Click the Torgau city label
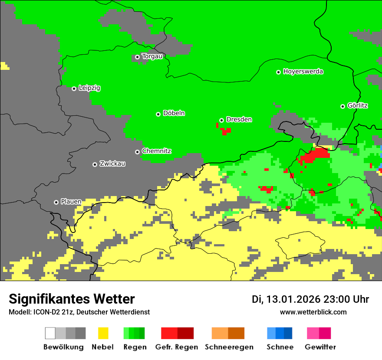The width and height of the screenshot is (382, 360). click(x=152, y=56)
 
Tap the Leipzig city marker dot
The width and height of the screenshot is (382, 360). click(x=74, y=88)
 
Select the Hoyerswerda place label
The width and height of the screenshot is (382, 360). click(x=303, y=72)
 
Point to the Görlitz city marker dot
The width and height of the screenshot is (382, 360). click(x=343, y=106)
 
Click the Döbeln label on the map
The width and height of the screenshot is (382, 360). click(x=174, y=113)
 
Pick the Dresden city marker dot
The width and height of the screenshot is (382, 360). click(x=222, y=120)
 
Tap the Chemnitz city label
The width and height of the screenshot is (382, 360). click(x=156, y=151)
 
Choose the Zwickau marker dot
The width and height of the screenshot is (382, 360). click(x=95, y=164)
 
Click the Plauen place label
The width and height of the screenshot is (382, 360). click(x=71, y=202)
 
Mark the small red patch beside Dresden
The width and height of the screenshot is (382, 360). click(x=224, y=130)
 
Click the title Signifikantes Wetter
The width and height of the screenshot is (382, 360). click(x=72, y=299)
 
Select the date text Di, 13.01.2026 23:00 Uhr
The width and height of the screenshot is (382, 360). click(x=310, y=299)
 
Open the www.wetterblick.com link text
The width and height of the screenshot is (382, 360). click(x=313, y=312)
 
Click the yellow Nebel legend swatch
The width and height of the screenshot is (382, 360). click(x=103, y=333)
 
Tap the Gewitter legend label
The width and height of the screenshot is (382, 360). click(x=320, y=347)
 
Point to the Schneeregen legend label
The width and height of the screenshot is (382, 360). click(x=229, y=347)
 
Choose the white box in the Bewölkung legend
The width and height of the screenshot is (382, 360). click(x=50, y=333)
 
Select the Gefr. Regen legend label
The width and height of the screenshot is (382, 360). click(x=177, y=347)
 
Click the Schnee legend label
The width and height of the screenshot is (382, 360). click(x=280, y=347)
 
